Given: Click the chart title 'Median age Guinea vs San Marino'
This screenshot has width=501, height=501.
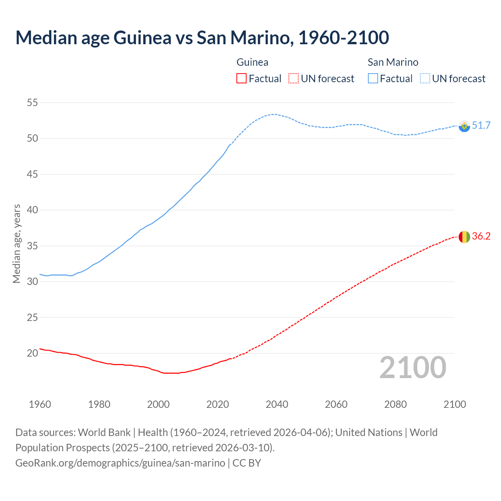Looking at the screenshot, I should pos(202,38).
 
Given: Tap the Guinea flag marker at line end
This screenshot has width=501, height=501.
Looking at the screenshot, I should pos(464,237).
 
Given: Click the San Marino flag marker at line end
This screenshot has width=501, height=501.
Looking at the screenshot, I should pos(464,126).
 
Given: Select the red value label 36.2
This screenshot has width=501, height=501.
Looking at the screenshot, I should pos(481,236).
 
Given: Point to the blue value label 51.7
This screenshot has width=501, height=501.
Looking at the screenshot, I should pos(481,125).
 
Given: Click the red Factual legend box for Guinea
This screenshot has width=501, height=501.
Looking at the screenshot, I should pos(241,79).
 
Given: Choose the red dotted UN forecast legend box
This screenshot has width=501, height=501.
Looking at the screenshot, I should pos(294,79).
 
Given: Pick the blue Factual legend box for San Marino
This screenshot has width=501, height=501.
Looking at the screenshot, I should pos(373,79).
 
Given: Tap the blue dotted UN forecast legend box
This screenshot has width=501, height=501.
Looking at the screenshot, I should pos(425,79).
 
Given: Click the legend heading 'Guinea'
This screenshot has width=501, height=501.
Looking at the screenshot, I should pos(252,62).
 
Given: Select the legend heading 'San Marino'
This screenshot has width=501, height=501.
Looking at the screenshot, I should pos(393,62).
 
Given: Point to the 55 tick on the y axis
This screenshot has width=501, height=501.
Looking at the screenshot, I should pos(32,103).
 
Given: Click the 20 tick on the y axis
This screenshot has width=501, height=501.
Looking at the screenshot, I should pos(32,353).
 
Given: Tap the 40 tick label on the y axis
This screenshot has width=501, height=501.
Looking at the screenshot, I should pos(32,210).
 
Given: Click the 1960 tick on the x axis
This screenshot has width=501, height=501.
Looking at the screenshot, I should pos(40,404).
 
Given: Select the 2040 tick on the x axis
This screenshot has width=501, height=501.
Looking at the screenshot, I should pos(277,404).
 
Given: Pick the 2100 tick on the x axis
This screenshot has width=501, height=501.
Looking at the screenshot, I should pos(455,404).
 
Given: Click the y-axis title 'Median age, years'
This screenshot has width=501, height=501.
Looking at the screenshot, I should pos(16,243).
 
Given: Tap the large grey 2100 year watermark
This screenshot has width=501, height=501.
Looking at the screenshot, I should pos(413,368).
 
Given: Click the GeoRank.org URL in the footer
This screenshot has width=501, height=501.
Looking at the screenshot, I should pos(120,463).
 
